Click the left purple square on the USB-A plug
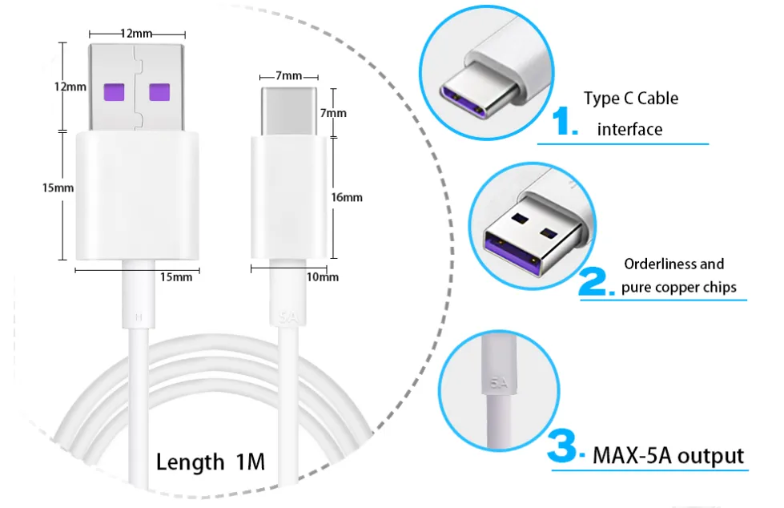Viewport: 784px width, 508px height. tap(114, 93)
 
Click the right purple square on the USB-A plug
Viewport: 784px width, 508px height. tap(159, 93)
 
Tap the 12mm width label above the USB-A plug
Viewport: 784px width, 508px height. tap(136, 34)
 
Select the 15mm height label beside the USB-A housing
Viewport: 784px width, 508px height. tap(58, 188)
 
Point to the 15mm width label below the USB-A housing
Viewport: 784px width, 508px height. tap(176, 277)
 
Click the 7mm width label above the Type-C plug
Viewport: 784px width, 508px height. tap(288, 76)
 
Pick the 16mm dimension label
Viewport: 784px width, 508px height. tap(347, 198)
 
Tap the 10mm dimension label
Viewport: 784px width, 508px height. tap(323, 277)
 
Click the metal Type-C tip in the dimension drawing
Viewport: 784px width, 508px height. tap(289, 111)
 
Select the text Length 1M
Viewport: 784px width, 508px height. tap(211, 462)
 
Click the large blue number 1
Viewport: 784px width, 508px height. tap(565, 121)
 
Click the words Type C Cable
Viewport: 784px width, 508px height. tap(631, 98)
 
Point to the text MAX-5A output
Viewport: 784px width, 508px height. tap(668, 456)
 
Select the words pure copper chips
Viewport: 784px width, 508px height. tap(679, 288)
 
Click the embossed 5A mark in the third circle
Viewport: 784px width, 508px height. tap(498, 383)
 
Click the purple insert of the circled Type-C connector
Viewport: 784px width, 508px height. tap(463, 102)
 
